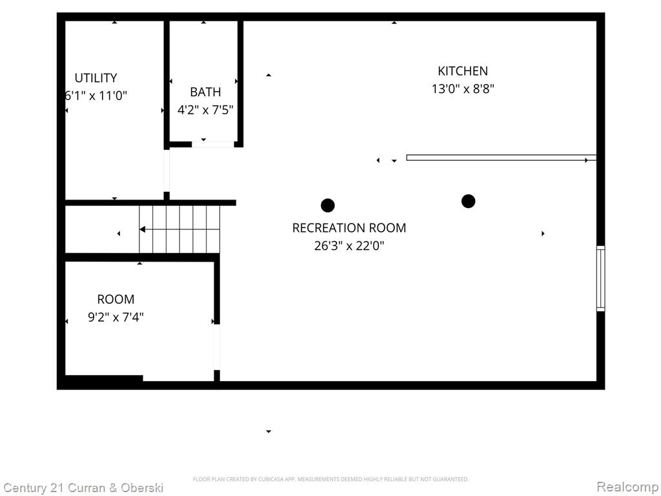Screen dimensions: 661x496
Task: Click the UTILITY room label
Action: pos(96,78)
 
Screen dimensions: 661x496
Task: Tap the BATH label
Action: pos(205,92)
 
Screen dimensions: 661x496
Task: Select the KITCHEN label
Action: pos(463,71)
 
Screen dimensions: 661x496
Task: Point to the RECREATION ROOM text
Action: pos(349,228)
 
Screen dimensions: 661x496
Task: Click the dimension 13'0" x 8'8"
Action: pos(463,89)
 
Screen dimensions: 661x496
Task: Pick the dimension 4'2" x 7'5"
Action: pos(205,110)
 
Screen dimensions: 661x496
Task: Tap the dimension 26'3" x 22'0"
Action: pos(349,245)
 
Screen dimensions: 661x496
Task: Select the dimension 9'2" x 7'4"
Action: pos(116,316)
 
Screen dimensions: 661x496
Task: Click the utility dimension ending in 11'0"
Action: pos(96,96)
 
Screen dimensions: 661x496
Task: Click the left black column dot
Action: pos(327,205)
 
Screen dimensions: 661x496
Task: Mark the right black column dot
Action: pos(469,201)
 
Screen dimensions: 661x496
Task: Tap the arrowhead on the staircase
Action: pos(143,229)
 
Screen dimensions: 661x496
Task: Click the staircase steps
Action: pos(179,229)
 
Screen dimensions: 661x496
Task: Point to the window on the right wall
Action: pos(601,279)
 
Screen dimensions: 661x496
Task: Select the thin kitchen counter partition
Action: pos(501,158)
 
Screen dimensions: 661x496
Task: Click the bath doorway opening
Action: pos(213,144)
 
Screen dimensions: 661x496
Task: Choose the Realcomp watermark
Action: pos(627,487)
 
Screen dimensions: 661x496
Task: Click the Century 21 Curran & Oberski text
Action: pos(83,488)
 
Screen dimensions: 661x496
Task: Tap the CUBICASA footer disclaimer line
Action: pos(330,479)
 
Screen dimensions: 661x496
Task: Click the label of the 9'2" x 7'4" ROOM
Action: pos(116,300)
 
